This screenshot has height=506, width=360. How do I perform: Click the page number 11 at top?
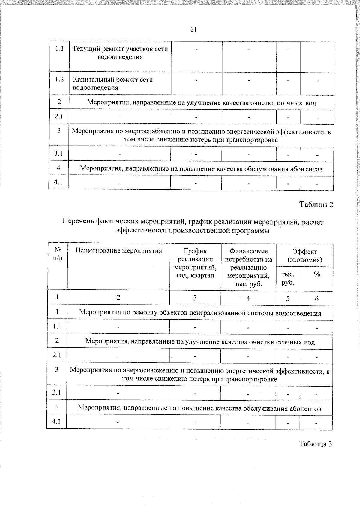pyautogui.click(x=193, y=29)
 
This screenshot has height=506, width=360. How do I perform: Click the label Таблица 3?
pyautogui.click(x=315, y=444)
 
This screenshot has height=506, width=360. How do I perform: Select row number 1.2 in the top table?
pyautogui.click(x=59, y=80)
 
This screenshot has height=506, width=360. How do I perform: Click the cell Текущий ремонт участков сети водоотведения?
pyautogui.click(x=120, y=53)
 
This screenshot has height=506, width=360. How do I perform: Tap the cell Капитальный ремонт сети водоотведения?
pyautogui.click(x=113, y=83)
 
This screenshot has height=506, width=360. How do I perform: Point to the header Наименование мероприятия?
pyautogui.click(x=118, y=251)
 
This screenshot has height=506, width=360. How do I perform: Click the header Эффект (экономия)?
pyautogui.click(x=304, y=256)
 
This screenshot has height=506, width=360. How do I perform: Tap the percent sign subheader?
pyautogui.click(x=316, y=274)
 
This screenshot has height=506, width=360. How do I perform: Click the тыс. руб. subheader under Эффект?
pyautogui.click(x=288, y=278)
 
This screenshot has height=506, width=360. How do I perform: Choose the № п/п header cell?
pyautogui.click(x=58, y=254)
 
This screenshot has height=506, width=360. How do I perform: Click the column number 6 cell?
pyautogui.click(x=316, y=298)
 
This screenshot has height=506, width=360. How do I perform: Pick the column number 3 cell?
pyautogui.click(x=195, y=298)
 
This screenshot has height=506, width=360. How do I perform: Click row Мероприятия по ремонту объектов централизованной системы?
pyautogui.click(x=200, y=313)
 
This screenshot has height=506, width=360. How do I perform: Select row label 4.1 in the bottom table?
pyautogui.click(x=56, y=421)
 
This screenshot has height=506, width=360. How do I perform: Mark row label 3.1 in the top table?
pyautogui.click(x=58, y=153)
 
